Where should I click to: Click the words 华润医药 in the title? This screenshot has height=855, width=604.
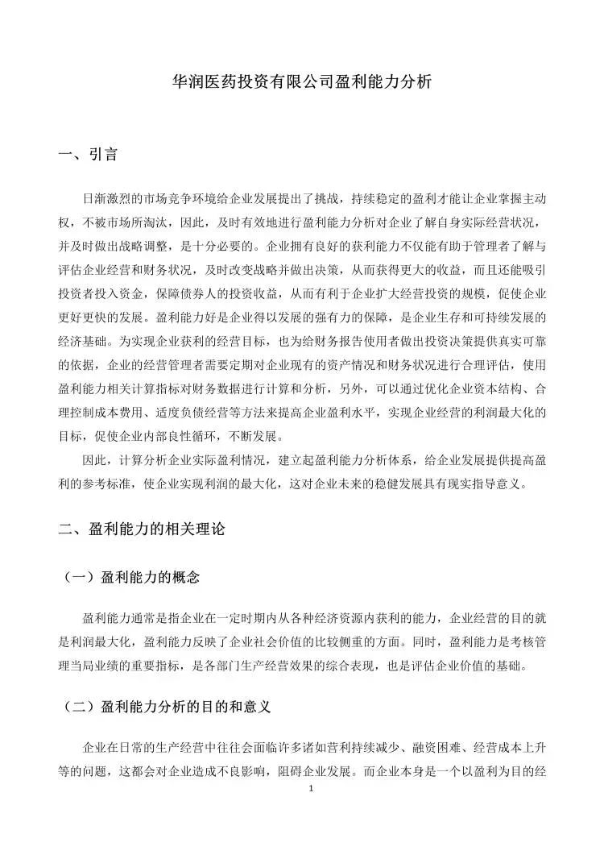[198, 81]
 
